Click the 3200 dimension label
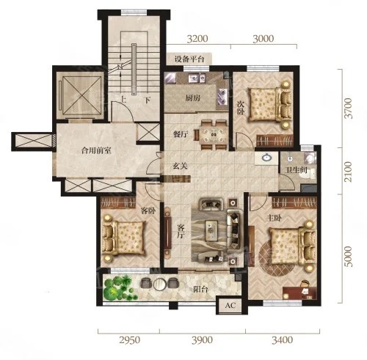click(197, 39)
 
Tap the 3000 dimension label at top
click(263, 39)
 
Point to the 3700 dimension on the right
click(348, 109)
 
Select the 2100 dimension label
click(348, 172)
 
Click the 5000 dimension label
click(348, 257)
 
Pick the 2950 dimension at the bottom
click(130, 340)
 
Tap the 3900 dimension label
click(202, 340)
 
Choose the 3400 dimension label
click(282, 340)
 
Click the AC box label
click(230, 305)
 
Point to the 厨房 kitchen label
click(193, 98)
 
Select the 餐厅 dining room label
click(181, 134)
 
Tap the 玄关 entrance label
click(180, 166)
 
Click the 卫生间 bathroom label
click(297, 170)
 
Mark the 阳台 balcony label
click(200, 290)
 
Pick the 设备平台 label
click(189, 59)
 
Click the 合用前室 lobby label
click(96, 150)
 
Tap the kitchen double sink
click(197, 78)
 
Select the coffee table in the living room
click(211, 230)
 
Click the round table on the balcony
click(160, 284)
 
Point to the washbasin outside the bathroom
click(266, 158)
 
